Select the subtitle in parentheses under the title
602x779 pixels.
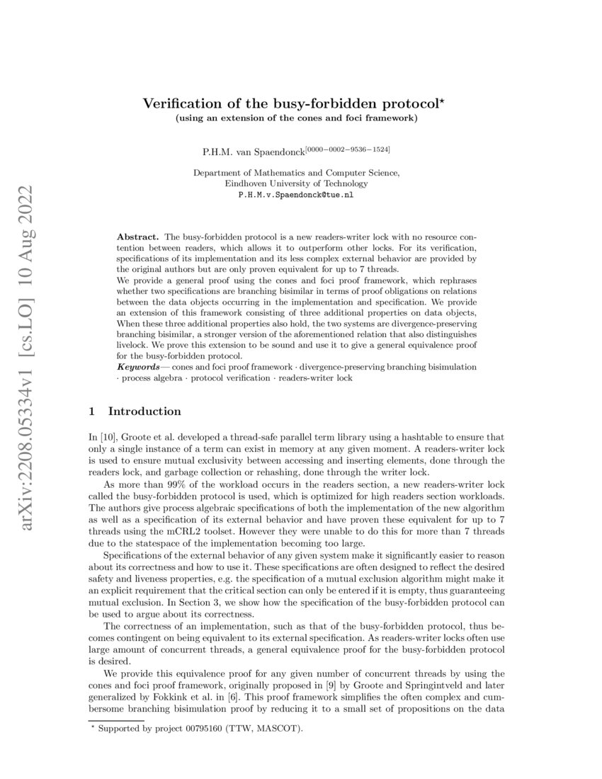297,118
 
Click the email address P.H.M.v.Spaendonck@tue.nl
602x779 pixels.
296,193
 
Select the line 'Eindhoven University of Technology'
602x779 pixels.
296,183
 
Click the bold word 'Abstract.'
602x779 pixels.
138,234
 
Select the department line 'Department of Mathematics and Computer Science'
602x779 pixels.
296,172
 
